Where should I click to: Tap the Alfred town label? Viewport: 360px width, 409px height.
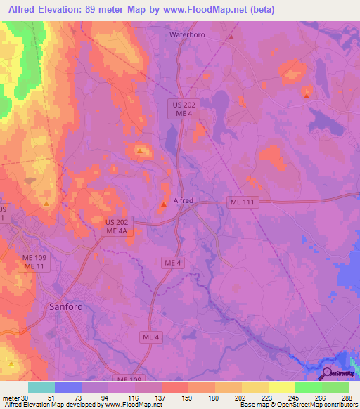pyautogui.click(x=183, y=200)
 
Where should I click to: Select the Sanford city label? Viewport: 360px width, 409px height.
pyautogui.click(x=66, y=306)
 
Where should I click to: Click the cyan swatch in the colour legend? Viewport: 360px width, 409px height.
pyautogui.click(x=41, y=387)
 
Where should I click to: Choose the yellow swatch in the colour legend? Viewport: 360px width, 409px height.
pyautogui.click(x=281, y=387)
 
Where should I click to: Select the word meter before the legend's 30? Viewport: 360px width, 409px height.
pyautogui.click(x=11, y=397)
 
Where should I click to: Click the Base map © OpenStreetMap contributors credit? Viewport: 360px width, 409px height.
pyautogui.click(x=297, y=405)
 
